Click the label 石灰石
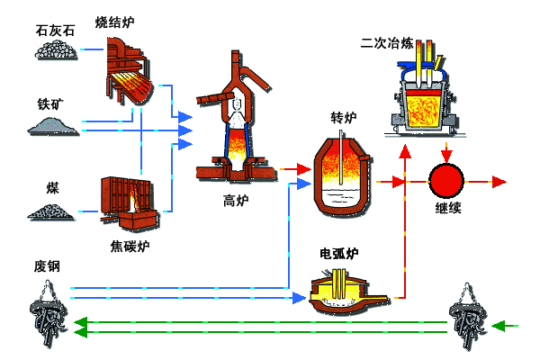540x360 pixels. (x=55, y=30)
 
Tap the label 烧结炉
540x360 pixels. (x=114, y=22)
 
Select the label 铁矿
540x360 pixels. (x=49, y=103)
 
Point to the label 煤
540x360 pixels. (x=52, y=188)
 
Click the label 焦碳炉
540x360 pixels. (x=130, y=246)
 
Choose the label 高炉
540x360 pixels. (x=235, y=200)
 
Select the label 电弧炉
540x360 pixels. (x=339, y=253)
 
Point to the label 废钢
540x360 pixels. (x=47, y=266)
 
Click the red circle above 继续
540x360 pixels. (x=445, y=181)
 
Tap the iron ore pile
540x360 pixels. (x=52, y=126)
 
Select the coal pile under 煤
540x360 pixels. (x=52, y=211)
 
